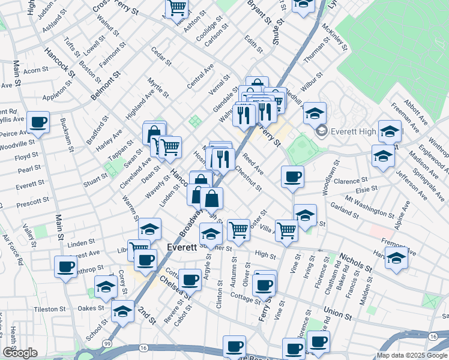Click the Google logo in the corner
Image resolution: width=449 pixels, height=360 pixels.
(x=20, y=353)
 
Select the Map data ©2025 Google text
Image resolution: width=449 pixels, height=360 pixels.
(x=412, y=355)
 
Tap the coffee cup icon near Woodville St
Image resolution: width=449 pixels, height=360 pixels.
(x=39, y=122)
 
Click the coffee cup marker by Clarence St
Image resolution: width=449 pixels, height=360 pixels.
(x=292, y=176)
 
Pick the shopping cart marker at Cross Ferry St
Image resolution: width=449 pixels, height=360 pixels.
(x=177, y=8)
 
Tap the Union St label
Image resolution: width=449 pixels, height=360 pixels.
(x=337, y=312)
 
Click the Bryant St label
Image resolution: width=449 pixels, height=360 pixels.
(x=261, y=12)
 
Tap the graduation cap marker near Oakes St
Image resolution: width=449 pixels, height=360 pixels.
(x=122, y=311)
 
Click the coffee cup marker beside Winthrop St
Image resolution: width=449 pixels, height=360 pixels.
(x=65, y=266)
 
